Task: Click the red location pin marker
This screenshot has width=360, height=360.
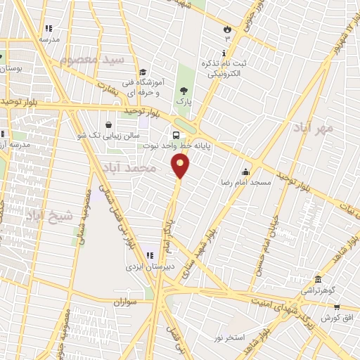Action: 181,166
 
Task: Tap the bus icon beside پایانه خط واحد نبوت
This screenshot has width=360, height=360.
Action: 175,134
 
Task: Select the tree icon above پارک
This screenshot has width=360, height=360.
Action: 184,91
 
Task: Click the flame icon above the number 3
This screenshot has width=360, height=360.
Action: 226,29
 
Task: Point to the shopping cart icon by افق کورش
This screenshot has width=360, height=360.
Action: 337,307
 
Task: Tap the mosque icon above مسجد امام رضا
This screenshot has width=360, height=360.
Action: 245,172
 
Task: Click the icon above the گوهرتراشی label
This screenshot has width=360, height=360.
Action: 319,279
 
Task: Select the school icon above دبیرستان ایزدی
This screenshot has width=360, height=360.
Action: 149,255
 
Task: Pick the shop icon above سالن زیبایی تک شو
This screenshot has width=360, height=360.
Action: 110,123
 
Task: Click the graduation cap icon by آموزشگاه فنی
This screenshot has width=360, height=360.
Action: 143,72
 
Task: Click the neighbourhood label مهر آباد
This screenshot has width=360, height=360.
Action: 314,129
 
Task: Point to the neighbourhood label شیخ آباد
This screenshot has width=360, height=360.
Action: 49,216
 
